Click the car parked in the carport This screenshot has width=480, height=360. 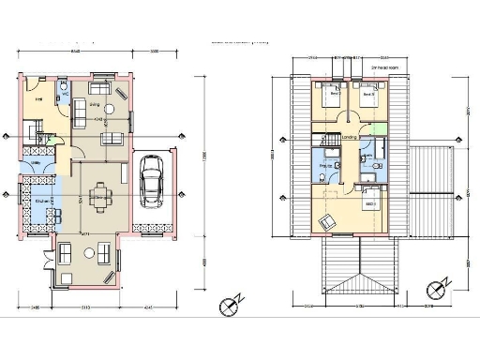click(x=150, y=180)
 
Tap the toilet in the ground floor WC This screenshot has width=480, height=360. click(x=61, y=94)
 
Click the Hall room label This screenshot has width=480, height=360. click(x=39, y=98)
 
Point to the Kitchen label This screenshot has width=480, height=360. click(x=41, y=201)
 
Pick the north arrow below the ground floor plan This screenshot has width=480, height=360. click(x=226, y=305)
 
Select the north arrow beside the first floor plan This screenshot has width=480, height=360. click(x=433, y=288)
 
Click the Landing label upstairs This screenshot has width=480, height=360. click(x=349, y=137)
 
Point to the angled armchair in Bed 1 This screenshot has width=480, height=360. click(x=327, y=221)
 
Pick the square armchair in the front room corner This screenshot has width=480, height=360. click(x=66, y=252)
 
